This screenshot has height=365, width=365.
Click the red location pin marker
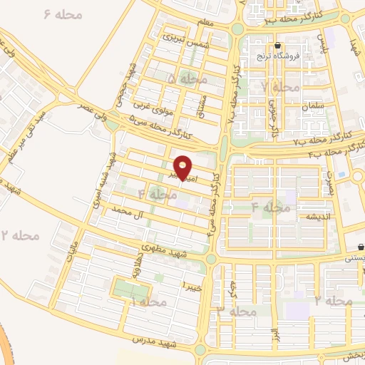tap(184, 168)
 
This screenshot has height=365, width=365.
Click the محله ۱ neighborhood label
tap(149, 302)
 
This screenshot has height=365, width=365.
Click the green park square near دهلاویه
tap(131, 290)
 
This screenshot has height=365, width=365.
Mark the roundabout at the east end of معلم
tap(236, 29)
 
